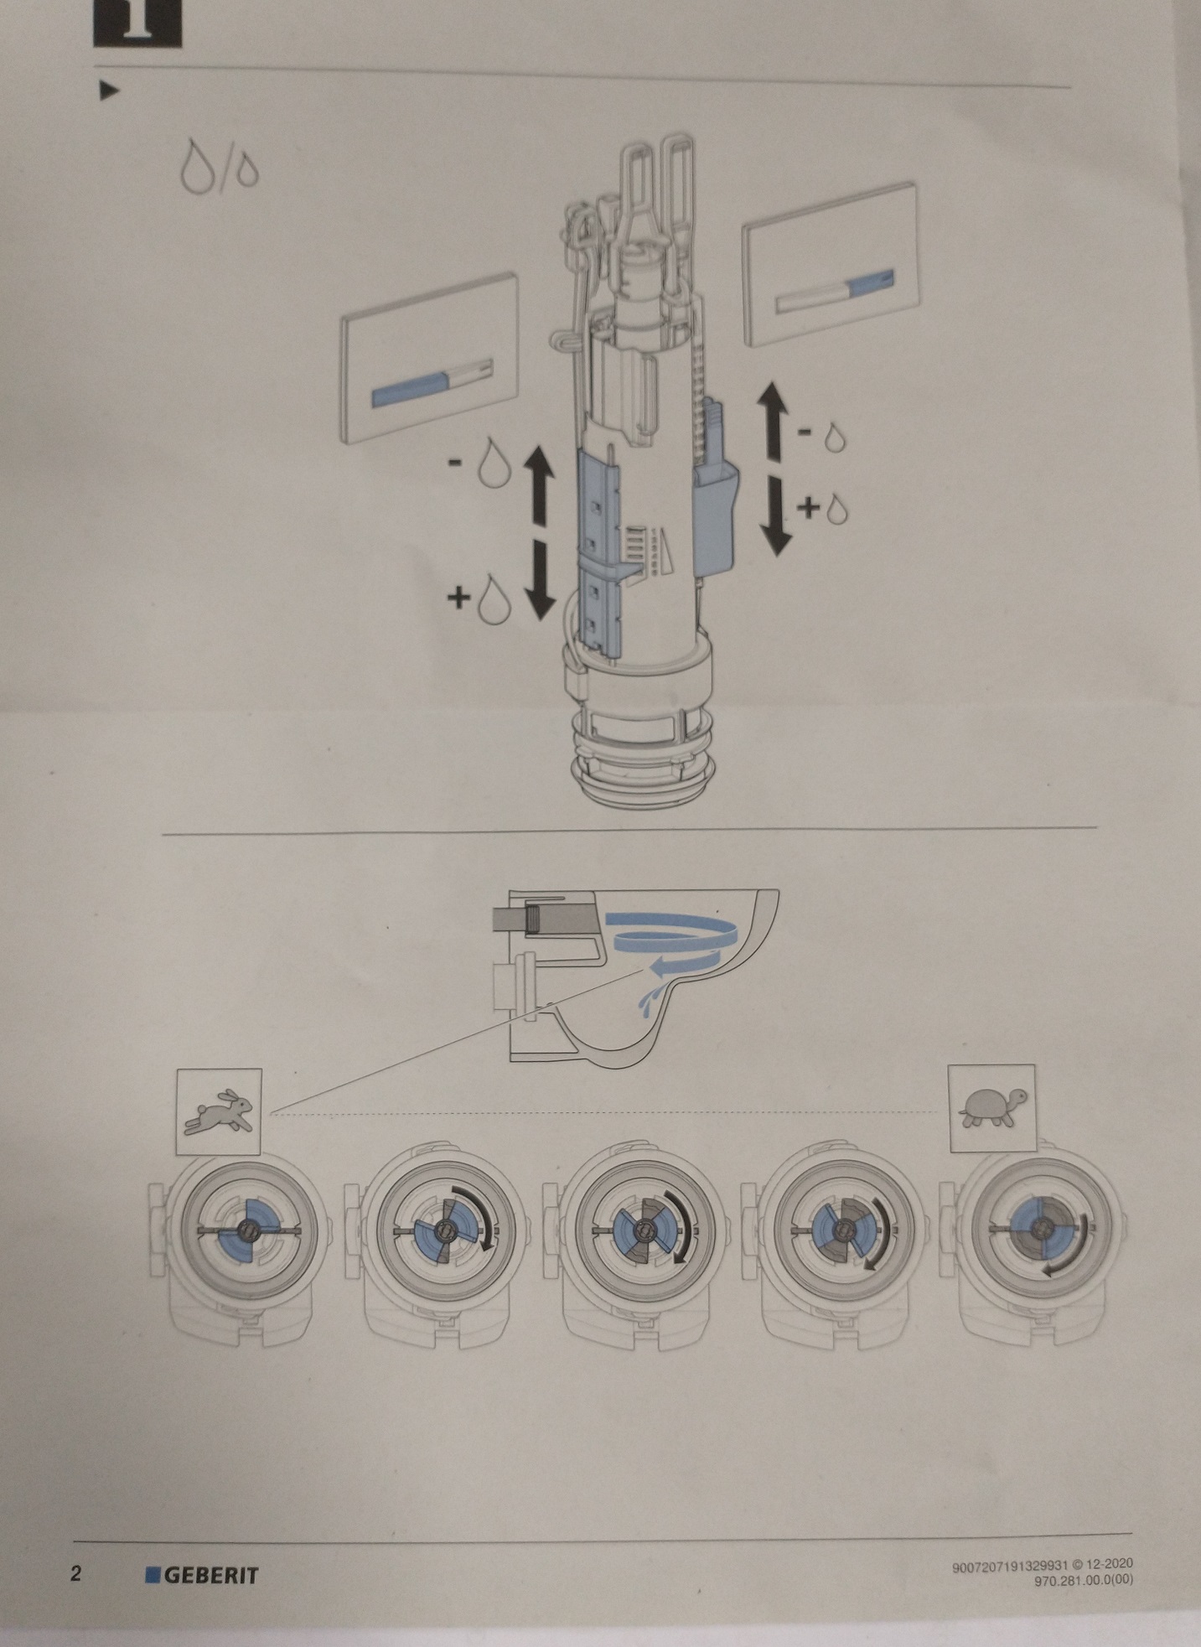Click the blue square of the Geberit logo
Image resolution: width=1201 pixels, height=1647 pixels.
153,1574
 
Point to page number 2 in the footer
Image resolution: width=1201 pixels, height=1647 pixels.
76,1573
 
